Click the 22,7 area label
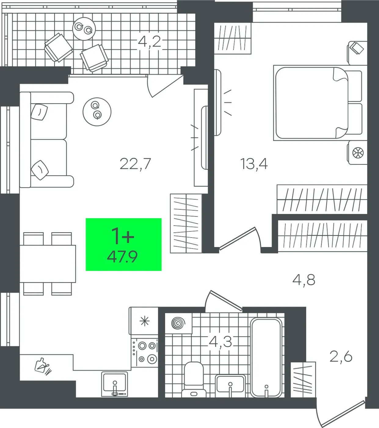[x=135, y=164]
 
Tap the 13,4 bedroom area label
[x=254, y=164]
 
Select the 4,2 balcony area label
[x=149, y=42]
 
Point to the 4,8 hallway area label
[x=304, y=280]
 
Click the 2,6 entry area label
[x=341, y=357]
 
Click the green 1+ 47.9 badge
[x=123, y=245]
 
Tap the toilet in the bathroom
[x=194, y=379]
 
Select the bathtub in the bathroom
[x=266, y=357]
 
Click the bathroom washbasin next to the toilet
[x=230, y=386]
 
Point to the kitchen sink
[x=115, y=384]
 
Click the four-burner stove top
[x=144, y=352]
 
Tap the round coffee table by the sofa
[x=97, y=112]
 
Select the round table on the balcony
[x=84, y=29]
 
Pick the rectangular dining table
[x=48, y=264]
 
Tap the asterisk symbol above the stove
[x=144, y=321]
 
